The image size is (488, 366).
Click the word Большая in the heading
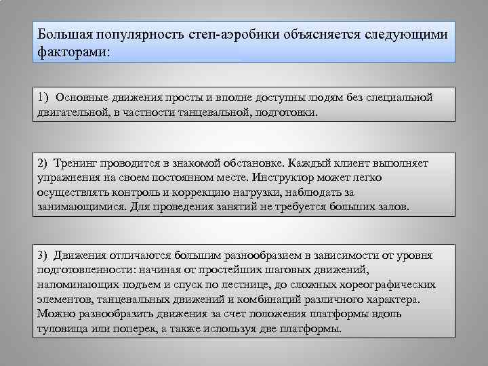pos(62,34)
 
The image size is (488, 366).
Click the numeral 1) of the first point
pos(44,97)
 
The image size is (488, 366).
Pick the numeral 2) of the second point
pos(44,163)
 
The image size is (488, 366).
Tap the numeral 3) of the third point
pos(44,255)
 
